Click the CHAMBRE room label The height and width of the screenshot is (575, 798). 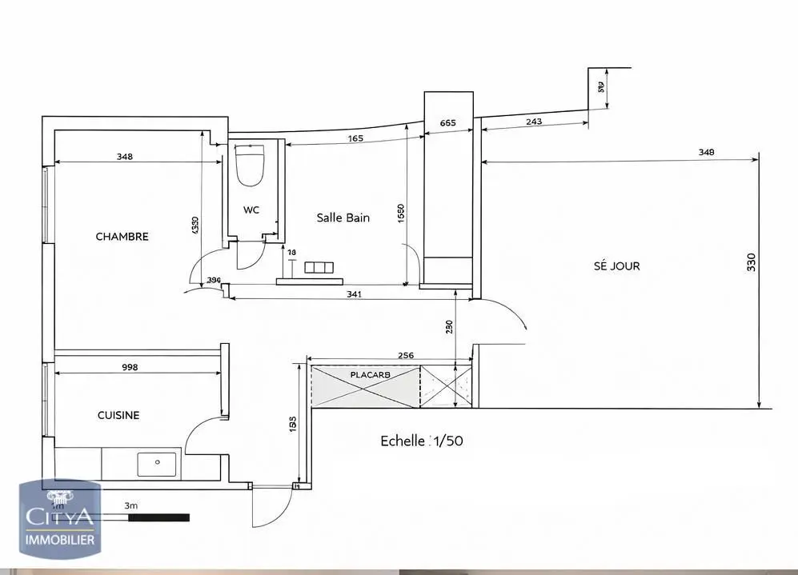pyautogui.click(x=122, y=237)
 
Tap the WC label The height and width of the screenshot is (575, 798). pyautogui.click(x=252, y=210)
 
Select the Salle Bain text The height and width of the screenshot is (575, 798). pyautogui.click(x=343, y=218)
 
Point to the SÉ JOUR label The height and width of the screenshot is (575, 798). pyautogui.click(x=616, y=266)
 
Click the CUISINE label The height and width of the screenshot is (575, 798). pyautogui.click(x=118, y=415)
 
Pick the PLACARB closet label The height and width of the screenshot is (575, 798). pyautogui.click(x=370, y=374)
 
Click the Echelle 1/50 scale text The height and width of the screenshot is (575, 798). pyautogui.click(x=421, y=441)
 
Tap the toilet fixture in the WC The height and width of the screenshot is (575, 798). pyautogui.click(x=251, y=165)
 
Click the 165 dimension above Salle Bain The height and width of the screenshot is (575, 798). pyautogui.click(x=355, y=138)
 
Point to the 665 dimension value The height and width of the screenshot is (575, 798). pyautogui.click(x=448, y=123)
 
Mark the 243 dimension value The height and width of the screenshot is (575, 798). pyautogui.click(x=534, y=122)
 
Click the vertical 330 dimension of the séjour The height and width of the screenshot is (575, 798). pyautogui.click(x=751, y=262)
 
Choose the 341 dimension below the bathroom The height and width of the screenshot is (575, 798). pyautogui.click(x=354, y=294)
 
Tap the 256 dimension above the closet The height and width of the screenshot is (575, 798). pyautogui.click(x=406, y=356)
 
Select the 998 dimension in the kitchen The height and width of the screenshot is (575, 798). pyautogui.click(x=130, y=368)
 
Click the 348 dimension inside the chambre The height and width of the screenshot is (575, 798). pyautogui.click(x=124, y=157)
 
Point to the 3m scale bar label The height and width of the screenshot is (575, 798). pyautogui.click(x=131, y=506)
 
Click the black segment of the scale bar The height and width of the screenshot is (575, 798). pyautogui.click(x=159, y=517)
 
